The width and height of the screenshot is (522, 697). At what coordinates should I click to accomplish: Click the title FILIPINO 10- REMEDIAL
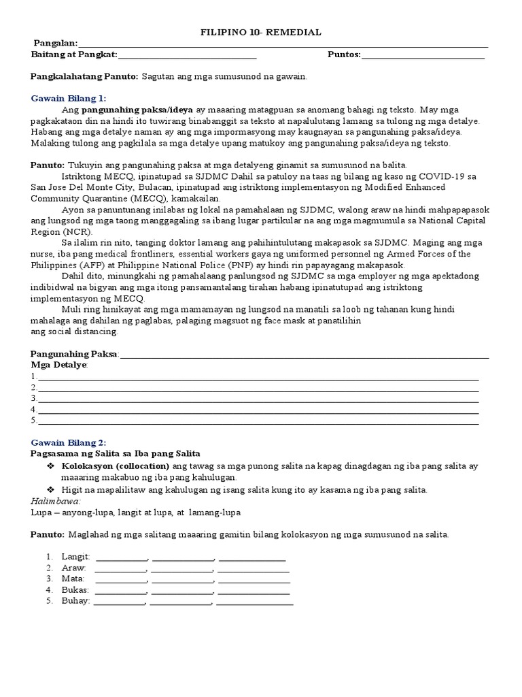261,32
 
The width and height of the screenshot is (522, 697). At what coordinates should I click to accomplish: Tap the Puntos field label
344,54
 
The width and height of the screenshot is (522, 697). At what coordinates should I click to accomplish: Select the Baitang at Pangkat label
74,54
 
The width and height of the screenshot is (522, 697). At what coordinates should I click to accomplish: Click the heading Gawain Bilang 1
69,98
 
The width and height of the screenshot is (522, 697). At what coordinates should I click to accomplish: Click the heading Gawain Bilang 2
69,442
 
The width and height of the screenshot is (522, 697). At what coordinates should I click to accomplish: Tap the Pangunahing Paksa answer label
75,354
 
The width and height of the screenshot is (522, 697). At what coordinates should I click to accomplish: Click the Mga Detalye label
59,365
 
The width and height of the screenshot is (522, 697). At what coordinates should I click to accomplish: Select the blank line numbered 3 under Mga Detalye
258,398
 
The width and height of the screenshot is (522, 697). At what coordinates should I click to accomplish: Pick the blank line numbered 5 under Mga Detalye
258,421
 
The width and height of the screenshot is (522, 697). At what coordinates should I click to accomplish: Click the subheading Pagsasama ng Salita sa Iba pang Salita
116,453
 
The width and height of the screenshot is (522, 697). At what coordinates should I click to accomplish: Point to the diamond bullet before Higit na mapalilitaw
50,490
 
